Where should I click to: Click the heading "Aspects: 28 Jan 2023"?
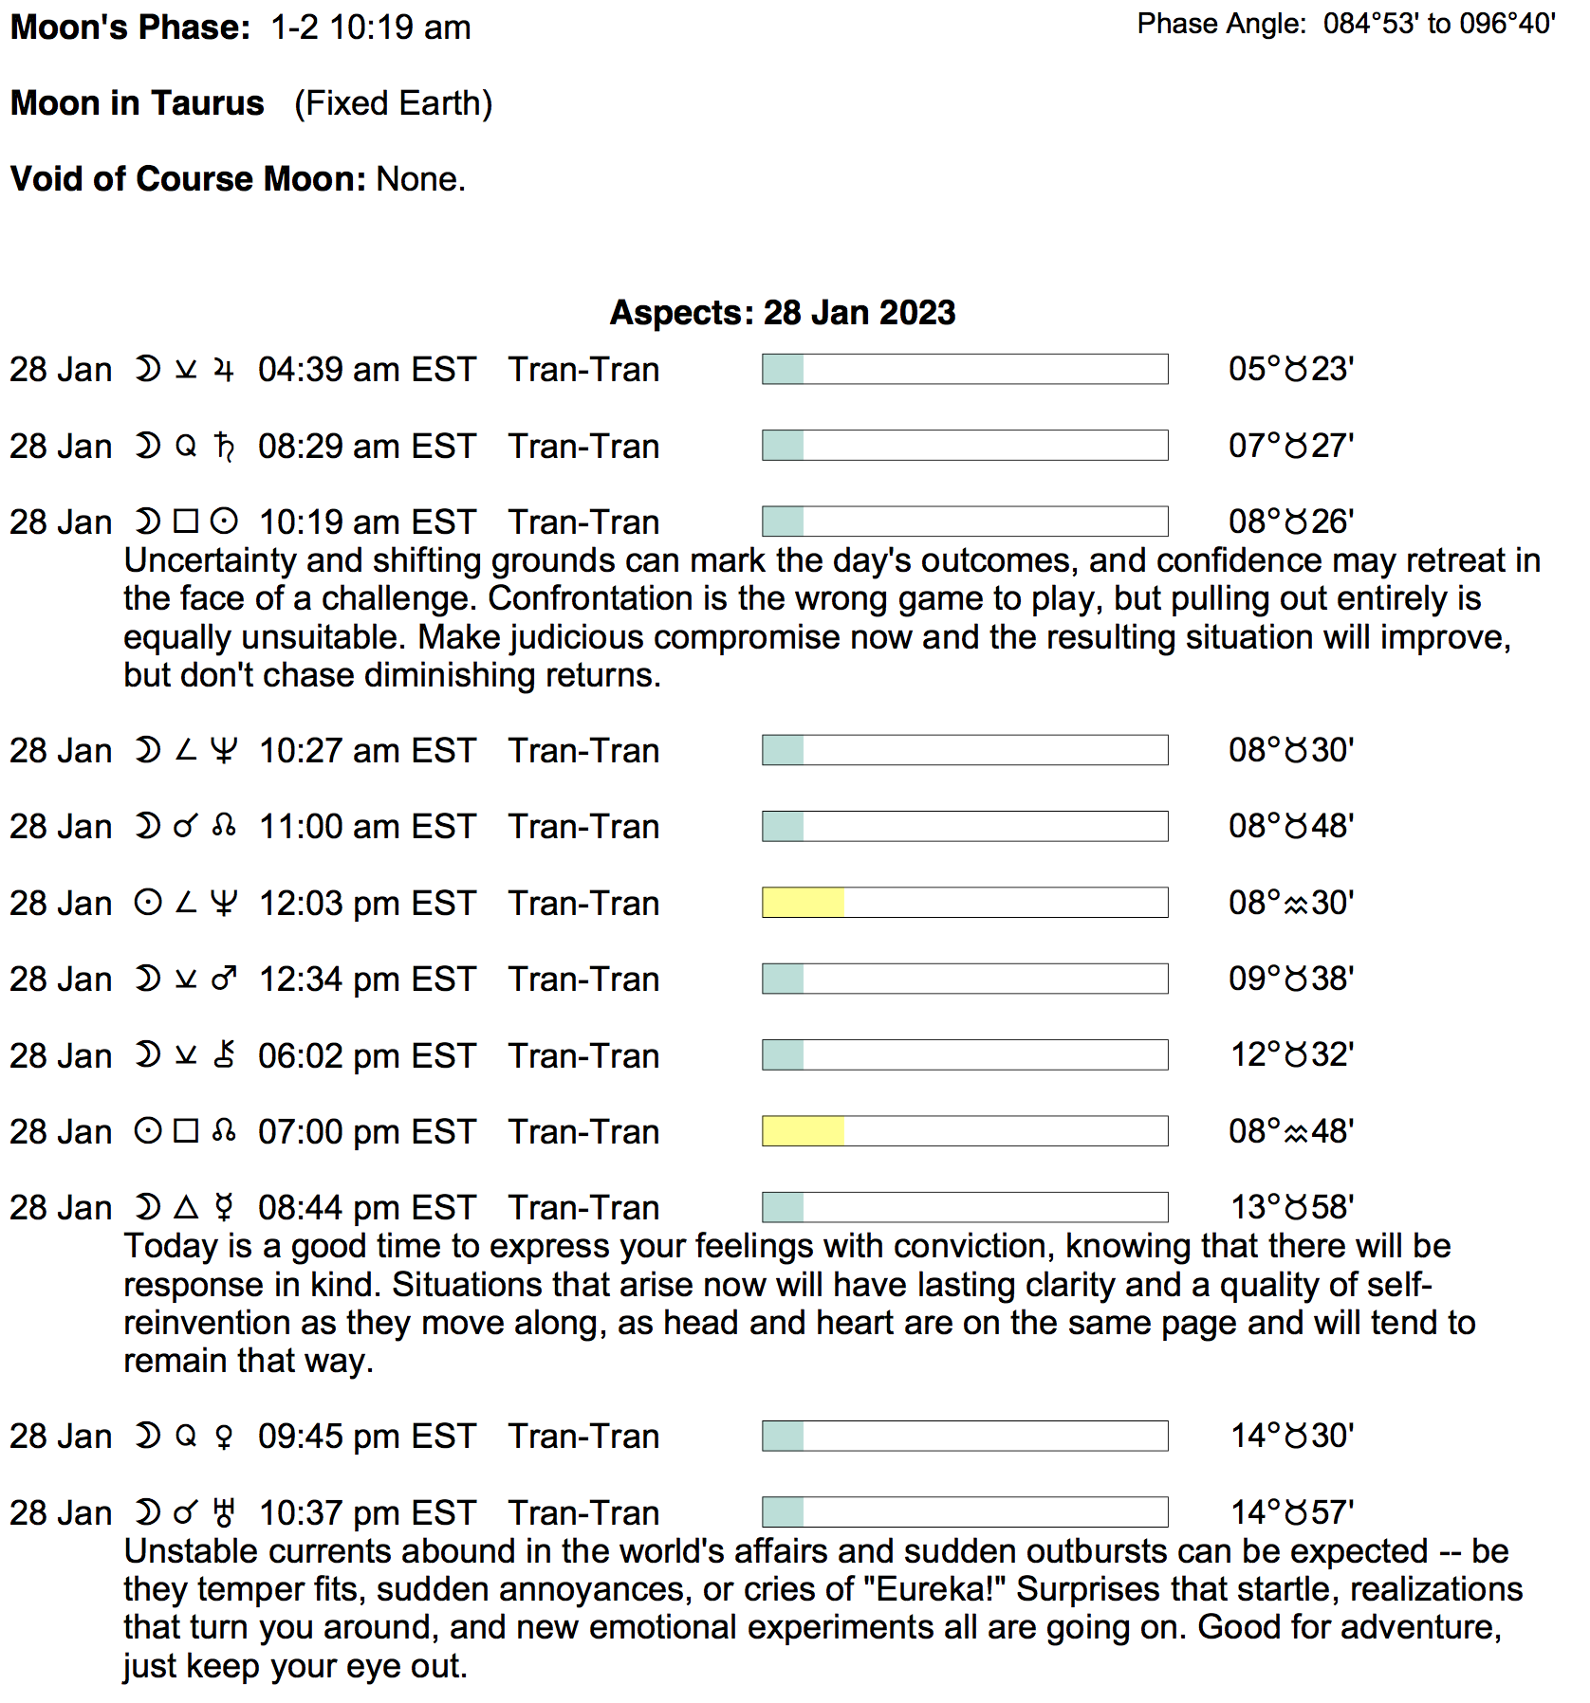[x=782, y=313]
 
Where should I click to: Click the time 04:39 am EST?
[x=366, y=370]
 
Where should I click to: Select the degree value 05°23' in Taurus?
[x=1290, y=369]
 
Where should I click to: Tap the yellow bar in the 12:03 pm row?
[x=803, y=903]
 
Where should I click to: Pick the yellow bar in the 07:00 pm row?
[x=803, y=1131]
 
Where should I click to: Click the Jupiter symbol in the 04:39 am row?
[x=224, y=370]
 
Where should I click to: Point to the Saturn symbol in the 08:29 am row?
[x=224, y=446]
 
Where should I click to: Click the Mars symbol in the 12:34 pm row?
[x=224, y=979]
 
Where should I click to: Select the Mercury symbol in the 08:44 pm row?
[x=224, y=1207]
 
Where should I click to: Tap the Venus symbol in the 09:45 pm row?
[x=224, y=1437]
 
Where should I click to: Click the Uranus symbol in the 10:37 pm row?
[x=224, y=1512]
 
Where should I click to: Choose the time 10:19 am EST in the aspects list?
[x=366, y=522]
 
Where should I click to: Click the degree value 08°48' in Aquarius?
[x=1290, y=1131]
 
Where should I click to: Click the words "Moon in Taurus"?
[x=138, y=103]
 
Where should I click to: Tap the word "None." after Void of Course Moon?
[x=420, y=179]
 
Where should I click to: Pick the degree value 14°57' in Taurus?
[x=1291, y=1512]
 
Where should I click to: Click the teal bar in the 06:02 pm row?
[x=784, y=1055]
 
